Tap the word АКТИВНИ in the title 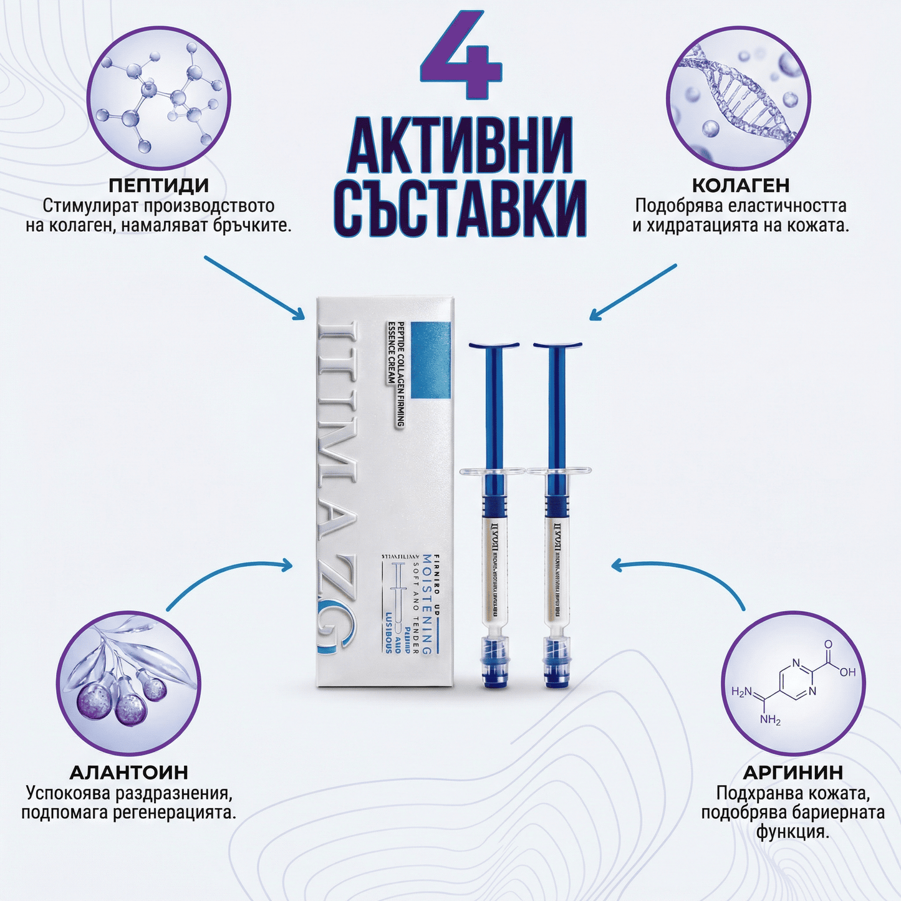pyautogui.click(x=460, y=145)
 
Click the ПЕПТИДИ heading pyautogui.click(x=158, y=185)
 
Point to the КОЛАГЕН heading pyautogui.click(x=741, y=185)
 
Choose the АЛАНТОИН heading pyautogui.click(x=128, y=773)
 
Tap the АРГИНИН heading pyautogui.click(x=793, y=773)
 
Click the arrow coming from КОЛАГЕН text pyautogui.click(x=632, y=292)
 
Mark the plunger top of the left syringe pyautogui.click(x=493, y=345)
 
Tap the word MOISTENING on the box pyautogui.click(x=427, y=604)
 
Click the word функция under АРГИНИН pyautogui.click(x=793, y=832)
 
